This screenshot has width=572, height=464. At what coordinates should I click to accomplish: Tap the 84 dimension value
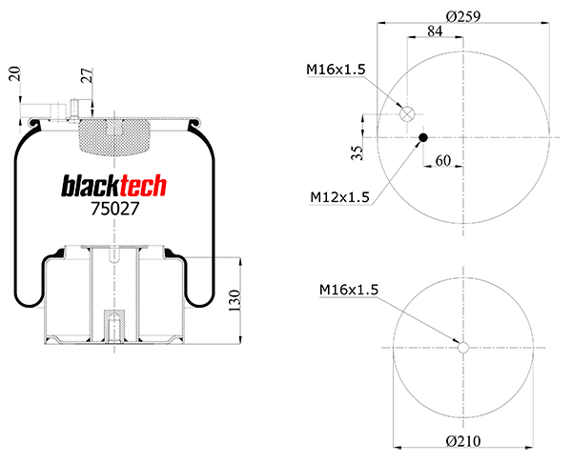434,32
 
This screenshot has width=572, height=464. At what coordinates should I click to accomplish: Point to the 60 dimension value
442,161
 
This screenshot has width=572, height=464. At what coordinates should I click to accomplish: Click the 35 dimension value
356,152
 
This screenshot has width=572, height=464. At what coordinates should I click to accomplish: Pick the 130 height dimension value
234,302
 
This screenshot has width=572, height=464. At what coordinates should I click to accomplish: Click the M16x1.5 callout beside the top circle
336,69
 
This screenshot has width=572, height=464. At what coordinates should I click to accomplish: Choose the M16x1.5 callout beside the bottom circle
349,289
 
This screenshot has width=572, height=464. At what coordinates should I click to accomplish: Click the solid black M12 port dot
422,139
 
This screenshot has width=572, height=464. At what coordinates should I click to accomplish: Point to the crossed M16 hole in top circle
407,114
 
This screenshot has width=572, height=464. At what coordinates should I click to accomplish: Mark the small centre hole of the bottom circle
463,347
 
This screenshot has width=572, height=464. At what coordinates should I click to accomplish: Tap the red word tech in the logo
140,186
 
